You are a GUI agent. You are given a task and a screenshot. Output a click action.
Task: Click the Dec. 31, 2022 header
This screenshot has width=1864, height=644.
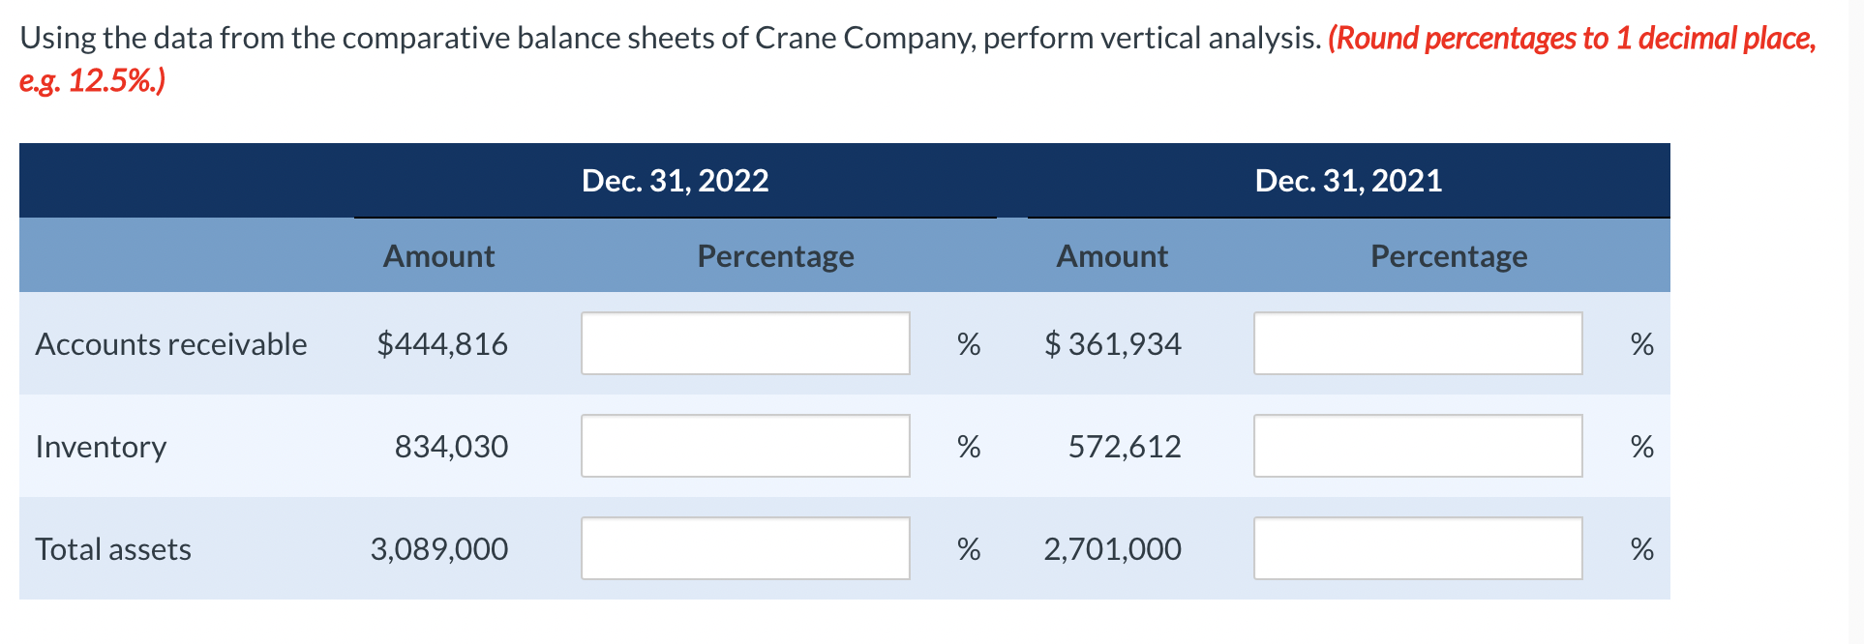coord(675,181)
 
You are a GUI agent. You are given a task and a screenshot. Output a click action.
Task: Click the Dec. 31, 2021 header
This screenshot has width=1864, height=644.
coord(1347,181)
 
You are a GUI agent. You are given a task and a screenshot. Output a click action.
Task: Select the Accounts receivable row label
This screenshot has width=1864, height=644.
coord(171,344)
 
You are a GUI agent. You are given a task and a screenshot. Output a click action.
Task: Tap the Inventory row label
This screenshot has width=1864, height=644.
coord(101,447)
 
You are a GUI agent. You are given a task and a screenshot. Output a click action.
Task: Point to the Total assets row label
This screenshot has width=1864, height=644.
coord(113,549)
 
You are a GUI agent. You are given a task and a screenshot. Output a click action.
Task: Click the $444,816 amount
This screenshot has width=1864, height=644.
coord(442,344)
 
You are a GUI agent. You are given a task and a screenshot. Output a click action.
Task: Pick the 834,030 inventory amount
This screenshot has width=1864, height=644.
coord(451,447)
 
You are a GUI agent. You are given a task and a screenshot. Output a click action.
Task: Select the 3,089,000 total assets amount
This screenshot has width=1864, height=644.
coord(438,549)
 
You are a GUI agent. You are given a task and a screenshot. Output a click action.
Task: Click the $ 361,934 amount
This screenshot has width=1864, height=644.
coord(1113,344)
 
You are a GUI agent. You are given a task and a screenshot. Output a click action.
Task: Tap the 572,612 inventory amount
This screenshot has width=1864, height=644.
coord(1125,447)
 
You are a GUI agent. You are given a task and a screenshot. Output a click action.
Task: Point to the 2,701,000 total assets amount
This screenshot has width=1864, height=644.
coord(1112,549)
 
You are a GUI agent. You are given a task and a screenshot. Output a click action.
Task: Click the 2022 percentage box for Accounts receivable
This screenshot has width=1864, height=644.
coord(745,343)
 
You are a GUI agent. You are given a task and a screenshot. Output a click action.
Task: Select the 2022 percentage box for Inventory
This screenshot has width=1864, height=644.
coord(745,446)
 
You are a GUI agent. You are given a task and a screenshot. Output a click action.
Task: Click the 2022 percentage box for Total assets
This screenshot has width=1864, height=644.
coord(745,548)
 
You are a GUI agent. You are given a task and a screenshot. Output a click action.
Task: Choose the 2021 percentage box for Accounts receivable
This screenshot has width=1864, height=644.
coord(1418,343)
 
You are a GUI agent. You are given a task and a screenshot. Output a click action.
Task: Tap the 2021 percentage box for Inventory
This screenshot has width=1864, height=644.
coord(1418,446)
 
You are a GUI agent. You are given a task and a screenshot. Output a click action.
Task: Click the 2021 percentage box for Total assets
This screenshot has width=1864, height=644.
coord(1418,548)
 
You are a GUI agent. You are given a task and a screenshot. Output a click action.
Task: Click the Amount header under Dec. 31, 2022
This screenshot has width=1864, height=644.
coord(438,256)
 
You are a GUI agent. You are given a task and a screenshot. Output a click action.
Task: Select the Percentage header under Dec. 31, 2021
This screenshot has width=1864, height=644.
coord(1449,256)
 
